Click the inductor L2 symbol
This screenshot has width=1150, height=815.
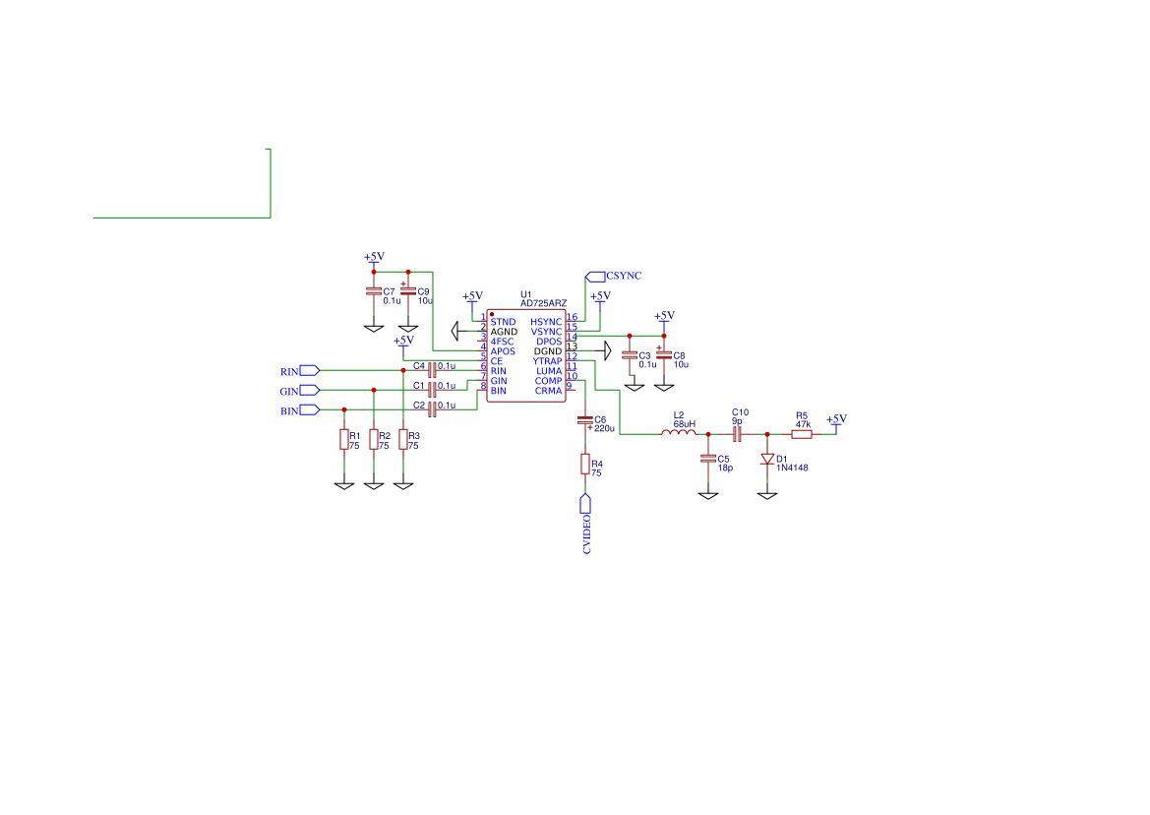[679, 433]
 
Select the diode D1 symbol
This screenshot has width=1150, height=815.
[767, 460]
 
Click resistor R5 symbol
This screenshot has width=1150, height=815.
[802, 434]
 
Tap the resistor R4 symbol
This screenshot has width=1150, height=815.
[585, 464]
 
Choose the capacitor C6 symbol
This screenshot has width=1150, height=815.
[585, 421]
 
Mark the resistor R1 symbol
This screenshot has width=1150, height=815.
[344, 439]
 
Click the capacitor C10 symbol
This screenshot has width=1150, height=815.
[737, 434]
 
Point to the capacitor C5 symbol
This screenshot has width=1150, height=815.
[707, 459]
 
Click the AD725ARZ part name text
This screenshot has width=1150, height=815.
[543, 304]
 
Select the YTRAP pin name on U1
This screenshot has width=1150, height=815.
[547, 361]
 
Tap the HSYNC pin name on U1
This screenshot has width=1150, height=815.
[546, 322]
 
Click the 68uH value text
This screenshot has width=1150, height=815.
[685, 424]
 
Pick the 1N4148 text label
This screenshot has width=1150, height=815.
[792, 468]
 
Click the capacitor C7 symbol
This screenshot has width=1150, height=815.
[374, 292]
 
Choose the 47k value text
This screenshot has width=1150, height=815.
[803, 425]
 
